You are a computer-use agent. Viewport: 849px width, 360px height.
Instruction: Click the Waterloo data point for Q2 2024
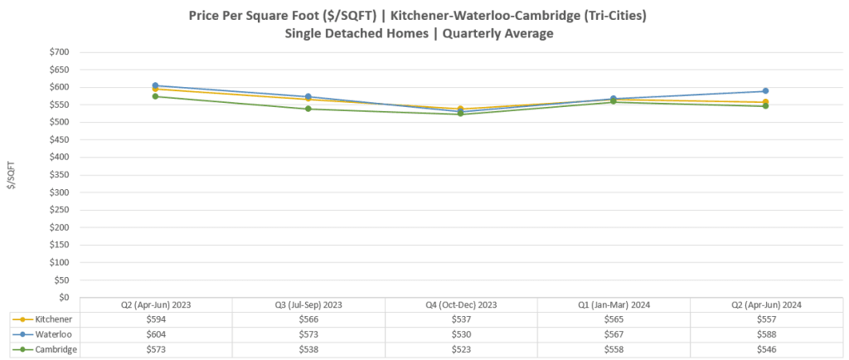[766, 91]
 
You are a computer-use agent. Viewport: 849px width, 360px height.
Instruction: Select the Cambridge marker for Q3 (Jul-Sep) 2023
[308, 109]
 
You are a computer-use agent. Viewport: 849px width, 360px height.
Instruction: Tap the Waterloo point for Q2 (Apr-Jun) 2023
[155, 85]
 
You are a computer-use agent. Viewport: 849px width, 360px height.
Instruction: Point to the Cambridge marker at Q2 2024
[766, 106]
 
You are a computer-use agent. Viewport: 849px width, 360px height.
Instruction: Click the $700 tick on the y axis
[57, 52]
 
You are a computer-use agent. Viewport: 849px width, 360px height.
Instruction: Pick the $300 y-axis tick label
[57, 192]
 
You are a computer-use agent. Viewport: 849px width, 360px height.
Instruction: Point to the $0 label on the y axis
[63, 297]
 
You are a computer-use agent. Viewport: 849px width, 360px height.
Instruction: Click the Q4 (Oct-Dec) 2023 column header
[460, 304]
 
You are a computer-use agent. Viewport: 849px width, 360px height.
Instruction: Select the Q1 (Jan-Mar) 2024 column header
[614, 304]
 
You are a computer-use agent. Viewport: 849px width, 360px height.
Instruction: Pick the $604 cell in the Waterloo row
[155, 334]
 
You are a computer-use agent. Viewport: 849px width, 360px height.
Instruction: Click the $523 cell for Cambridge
[460, 349]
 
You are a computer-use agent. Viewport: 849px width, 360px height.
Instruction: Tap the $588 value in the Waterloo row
[766, 334]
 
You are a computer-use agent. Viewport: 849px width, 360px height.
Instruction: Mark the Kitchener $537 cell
[460, 319]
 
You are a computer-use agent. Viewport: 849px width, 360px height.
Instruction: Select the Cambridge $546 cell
[766, 349]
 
